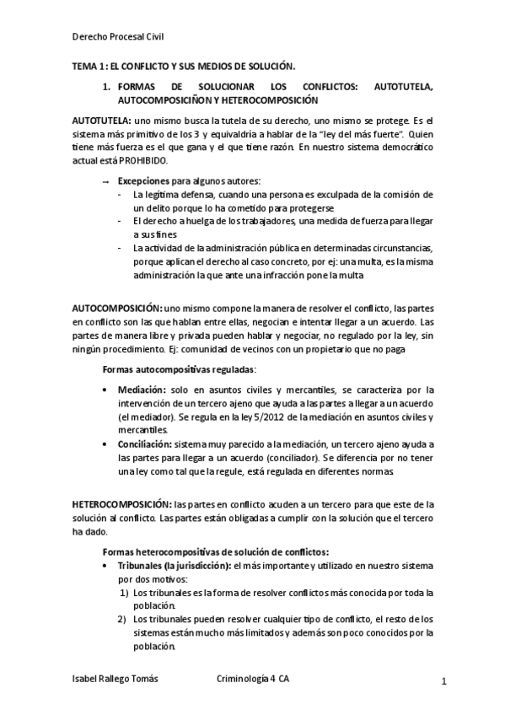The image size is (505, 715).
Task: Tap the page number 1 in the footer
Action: pos(443,680)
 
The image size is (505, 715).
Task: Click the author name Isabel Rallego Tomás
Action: pos(115,679)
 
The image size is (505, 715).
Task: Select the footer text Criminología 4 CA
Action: pos(253,679)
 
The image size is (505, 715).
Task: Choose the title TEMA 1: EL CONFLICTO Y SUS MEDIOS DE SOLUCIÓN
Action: pos(183,65)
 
